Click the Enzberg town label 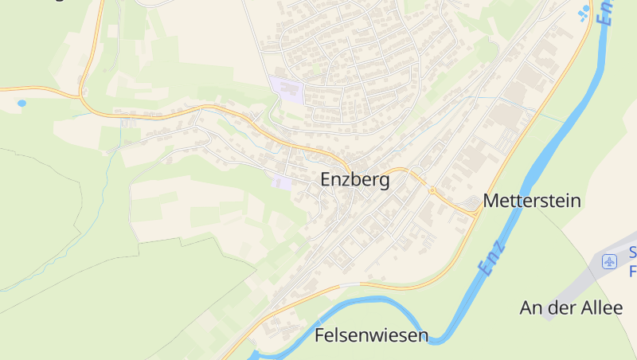(355, 180)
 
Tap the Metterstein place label (532, 200)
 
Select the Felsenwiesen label (372, 335)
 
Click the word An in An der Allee (532, 307)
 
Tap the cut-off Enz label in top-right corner (608, 12)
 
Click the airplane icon (611, 261)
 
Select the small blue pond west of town (21, 103)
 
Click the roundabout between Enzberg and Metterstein (432, 190)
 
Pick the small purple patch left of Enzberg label (281, 182)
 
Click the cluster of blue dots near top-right (584, 12)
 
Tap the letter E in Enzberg (326, 180)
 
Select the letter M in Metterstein (490, 200)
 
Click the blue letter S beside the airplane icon (633, 253)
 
